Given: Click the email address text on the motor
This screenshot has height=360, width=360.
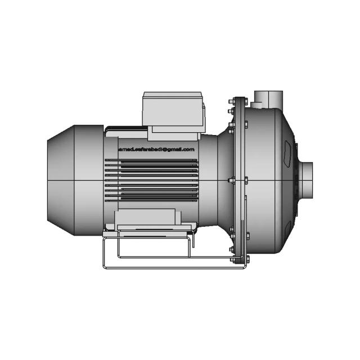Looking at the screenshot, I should [x=156, y=150].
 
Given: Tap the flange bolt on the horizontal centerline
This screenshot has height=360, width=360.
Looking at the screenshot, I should [x=231, y=180].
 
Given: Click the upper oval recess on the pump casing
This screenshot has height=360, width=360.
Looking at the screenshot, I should [x=289, y=151].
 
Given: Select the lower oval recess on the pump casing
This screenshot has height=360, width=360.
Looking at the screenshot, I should [x=289, y=224].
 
